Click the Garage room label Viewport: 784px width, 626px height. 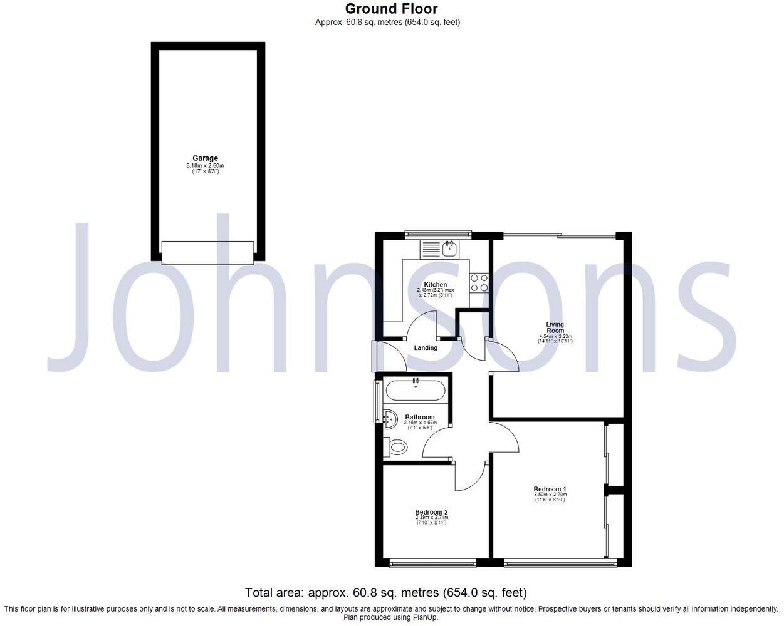point(205,158)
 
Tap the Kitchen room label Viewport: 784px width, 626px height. point(436,285)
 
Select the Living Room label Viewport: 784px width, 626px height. point(555,327)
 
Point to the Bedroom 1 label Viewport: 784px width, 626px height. point(550,489)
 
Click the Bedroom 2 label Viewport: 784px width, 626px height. point(431,511)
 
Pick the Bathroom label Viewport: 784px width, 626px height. point(419,417)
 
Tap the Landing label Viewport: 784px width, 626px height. point(426,348)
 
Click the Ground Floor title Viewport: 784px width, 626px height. point(391,9)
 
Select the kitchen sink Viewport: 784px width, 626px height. point(450,249)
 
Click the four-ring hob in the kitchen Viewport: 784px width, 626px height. point(479,283)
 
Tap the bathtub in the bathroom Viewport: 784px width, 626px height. point(416,391)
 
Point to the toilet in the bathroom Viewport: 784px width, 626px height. point(397,448)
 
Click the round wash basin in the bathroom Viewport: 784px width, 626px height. point(390,418)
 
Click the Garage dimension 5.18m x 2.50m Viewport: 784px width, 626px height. point(205,165)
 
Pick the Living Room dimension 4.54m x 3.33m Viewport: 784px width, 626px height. point(555,337)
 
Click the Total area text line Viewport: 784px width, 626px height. point(385,592)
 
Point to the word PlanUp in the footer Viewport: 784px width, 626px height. point(424,617)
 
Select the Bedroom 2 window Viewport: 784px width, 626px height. point(433,563)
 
